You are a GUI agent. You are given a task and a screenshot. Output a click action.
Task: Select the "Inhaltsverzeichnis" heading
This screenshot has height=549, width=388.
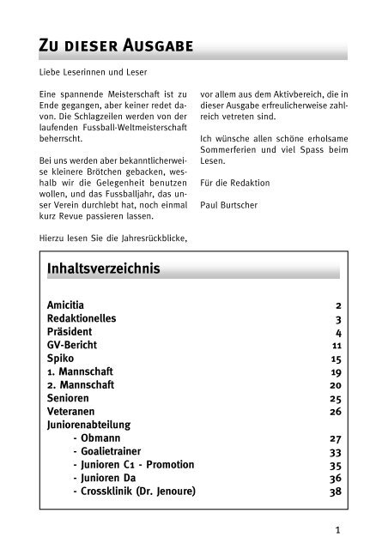[x=107, y=267]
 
